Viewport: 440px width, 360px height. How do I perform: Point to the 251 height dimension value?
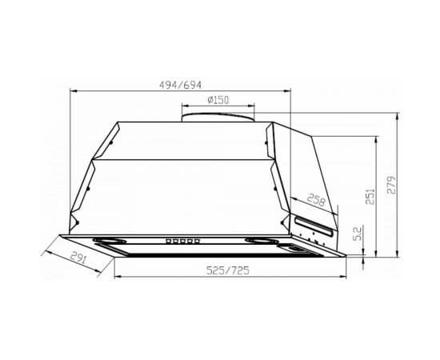370,196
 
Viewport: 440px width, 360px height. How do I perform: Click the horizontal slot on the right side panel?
314,221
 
